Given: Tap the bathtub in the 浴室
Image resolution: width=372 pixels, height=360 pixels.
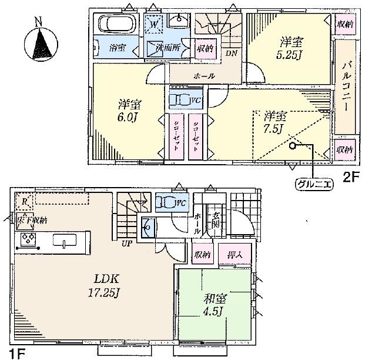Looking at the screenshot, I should [116, 25].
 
